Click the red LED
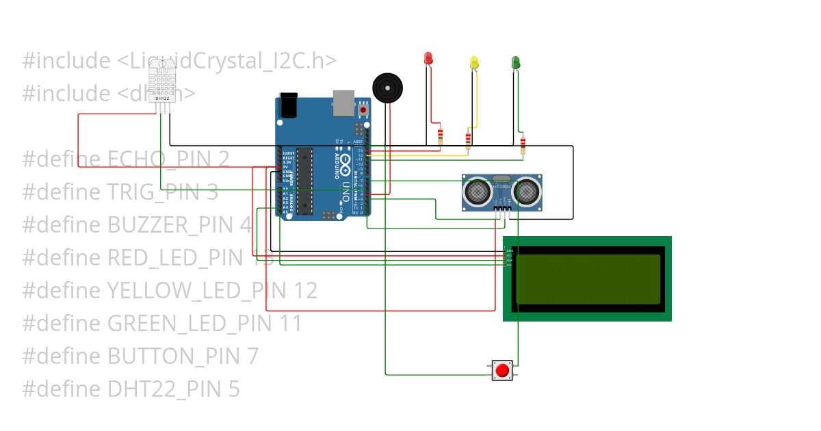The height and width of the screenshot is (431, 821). coord(429,59)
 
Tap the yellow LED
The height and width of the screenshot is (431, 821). coord(474,62)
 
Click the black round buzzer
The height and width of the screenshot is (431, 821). coord(387,88)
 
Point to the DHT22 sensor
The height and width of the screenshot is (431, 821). coord(163,82)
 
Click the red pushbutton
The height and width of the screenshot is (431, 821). coord(502,371)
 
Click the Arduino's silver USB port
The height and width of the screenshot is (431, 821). coord(343,101)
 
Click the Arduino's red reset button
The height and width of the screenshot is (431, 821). coord(363,109)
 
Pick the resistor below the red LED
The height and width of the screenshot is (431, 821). coord(440,136)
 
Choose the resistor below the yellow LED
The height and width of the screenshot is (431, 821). coord(468,140)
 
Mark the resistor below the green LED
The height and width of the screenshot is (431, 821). coord(523,145)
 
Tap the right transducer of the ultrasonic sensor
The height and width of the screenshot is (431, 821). coord(527,192)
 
